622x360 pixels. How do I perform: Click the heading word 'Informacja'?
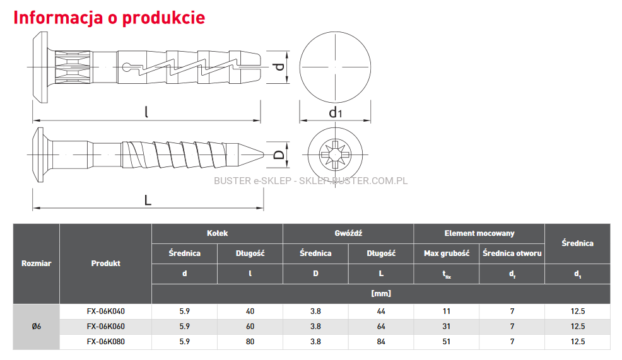[x=58, y=18]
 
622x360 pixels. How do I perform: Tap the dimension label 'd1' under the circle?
[x=335, y=113]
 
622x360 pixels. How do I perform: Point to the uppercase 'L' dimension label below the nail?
[x=148, y=200]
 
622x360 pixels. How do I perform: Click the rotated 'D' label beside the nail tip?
[x=279, y=154]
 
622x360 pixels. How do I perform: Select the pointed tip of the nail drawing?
[x=264, y=154]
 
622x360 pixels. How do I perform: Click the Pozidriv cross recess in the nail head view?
[x=335, y=154]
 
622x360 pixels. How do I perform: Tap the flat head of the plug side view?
[x=40, y=67]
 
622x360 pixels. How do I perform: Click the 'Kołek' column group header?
[x=217, y=233]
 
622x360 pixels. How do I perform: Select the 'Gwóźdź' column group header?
[x=348, y=233]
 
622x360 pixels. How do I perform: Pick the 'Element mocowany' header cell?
[x=479, y=233]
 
